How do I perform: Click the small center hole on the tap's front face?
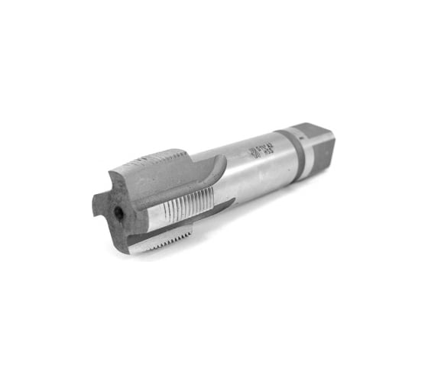(120, 215)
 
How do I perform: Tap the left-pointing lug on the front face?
(98, 205)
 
